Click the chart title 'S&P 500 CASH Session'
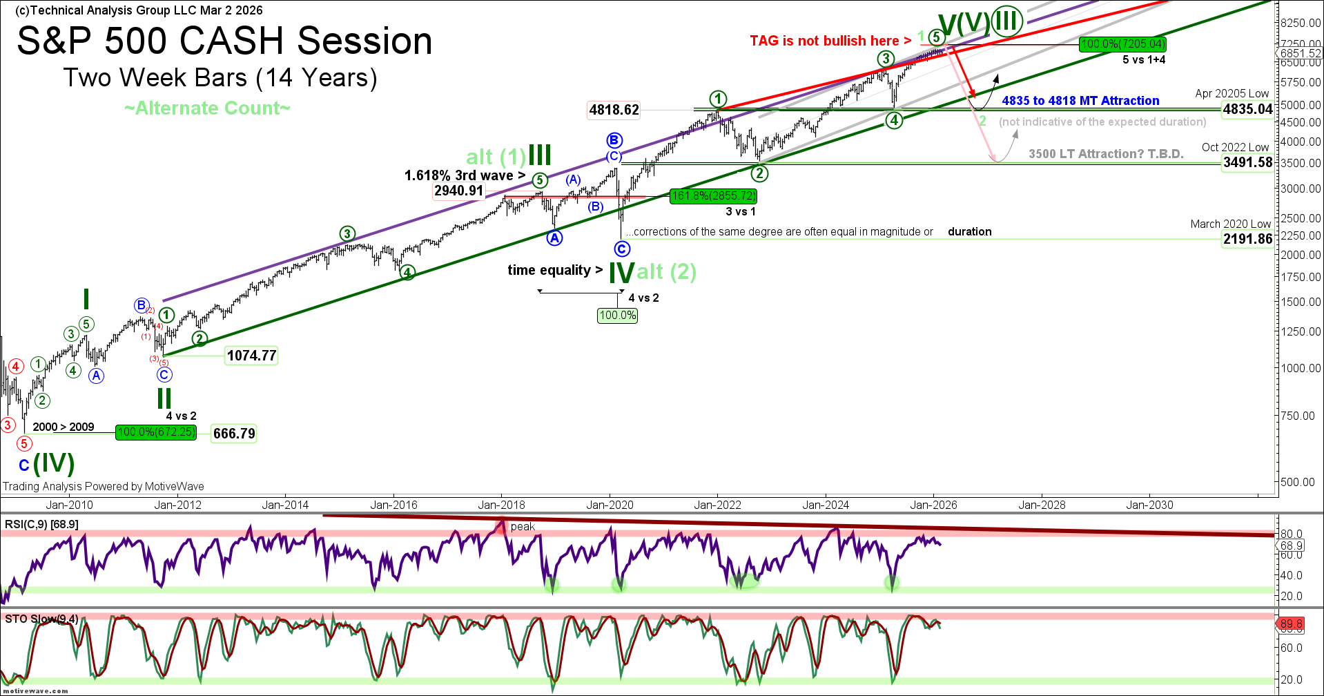pos(224,41)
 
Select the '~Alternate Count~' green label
pos(207,108)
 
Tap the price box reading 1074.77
pos(251,356)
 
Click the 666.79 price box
pos(234,434)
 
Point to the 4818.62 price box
pos(614,110)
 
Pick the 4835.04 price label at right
pos(1247,109)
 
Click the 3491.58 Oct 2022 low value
pos(1247,162)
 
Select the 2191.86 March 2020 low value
pos(1247,239)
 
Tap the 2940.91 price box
pos(458,191)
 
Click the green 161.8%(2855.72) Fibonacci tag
pos(713,196)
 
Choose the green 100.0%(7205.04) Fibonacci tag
pos(1122,44)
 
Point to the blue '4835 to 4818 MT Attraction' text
pos(1080,101)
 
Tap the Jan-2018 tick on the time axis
pos(502,505)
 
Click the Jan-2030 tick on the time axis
pos(1149,505)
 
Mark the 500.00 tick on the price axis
pos(1297,482)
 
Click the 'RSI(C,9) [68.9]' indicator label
pos(41,525)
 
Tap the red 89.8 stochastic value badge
pos(1291,624)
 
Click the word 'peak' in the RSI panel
pos(523,527)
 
